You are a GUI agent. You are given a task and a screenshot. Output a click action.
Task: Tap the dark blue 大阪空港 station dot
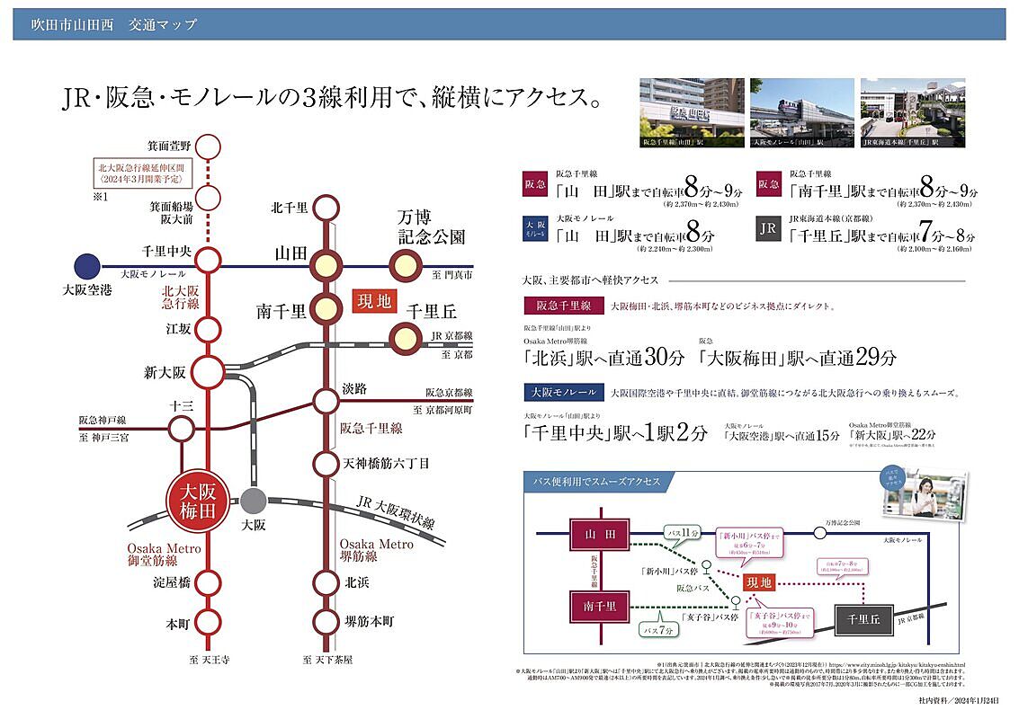coord(87,266)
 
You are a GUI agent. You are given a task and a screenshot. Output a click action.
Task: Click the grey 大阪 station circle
coord(254,501)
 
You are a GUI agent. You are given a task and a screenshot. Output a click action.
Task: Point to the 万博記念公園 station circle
coord(404,266)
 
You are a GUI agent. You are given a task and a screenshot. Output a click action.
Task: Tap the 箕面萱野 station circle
coord(209,146)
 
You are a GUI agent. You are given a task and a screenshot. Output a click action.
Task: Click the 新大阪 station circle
coord(209,370)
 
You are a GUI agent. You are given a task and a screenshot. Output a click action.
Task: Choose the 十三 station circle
coord(179,430)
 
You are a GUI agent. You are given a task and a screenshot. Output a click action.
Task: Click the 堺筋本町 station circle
coord(325,621)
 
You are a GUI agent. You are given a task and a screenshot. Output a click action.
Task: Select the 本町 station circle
coord(209,621)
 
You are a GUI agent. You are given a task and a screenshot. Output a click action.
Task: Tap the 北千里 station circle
coord(325,209)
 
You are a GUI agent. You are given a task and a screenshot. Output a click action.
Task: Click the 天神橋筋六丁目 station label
coord(386,464)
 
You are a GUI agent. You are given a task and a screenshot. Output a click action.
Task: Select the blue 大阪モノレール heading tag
coord(562,393)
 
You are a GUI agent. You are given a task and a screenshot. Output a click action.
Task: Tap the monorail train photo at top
coord(800,112)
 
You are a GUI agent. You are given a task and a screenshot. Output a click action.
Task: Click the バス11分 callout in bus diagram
coord(684,534)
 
